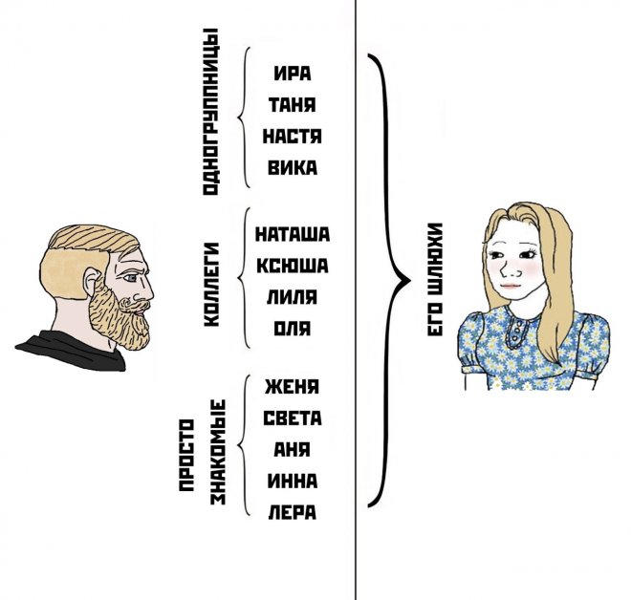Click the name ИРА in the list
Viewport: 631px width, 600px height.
click(292, 73)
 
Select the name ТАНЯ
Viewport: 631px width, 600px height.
click(292, 104)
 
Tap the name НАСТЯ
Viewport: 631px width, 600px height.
click(292, 136)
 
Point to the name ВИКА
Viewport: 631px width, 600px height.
click(292, 167)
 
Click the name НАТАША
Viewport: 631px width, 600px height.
click(292, 233)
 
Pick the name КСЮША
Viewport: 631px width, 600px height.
click(292, 265)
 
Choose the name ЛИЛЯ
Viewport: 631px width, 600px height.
click(292, 296)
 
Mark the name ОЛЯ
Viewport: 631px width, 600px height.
click(292, 328)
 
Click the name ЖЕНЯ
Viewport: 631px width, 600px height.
click(292, 387)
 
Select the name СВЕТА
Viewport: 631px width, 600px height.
click(292, 418)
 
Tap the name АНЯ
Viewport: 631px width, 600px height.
click(292, 449)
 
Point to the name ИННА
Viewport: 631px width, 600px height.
click(292, 481)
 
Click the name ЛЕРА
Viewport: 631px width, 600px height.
click(292, 512)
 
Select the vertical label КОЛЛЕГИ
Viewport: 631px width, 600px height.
click(212, 285)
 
